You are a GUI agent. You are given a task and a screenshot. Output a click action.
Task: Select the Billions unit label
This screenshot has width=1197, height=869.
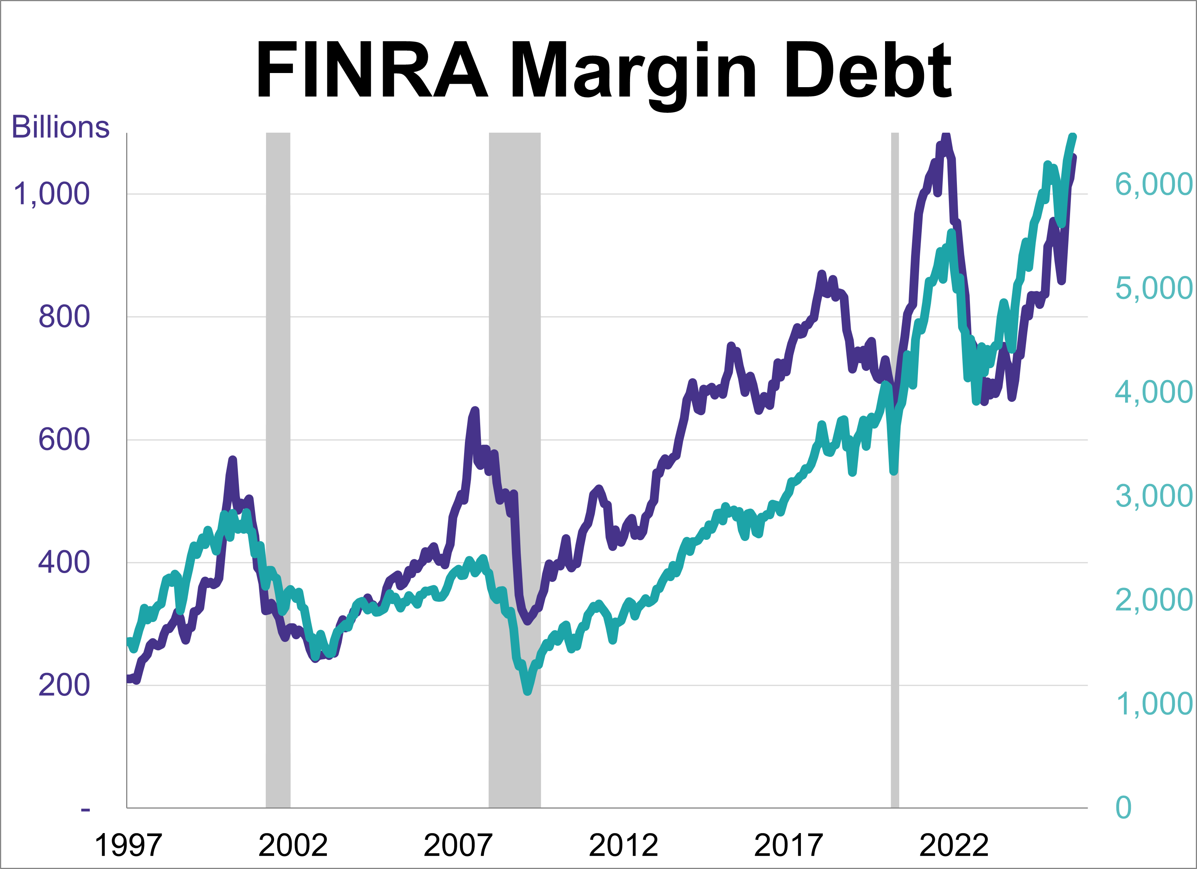(60, 127)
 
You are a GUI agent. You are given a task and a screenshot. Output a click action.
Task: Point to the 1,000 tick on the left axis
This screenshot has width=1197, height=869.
(51, 194)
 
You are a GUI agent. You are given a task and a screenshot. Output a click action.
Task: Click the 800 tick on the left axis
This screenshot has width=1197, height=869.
(63, 317)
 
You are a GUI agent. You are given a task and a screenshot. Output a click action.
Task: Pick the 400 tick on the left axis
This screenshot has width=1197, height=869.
(63, 562)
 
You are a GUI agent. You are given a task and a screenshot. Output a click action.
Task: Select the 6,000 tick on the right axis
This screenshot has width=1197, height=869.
(1153, 184)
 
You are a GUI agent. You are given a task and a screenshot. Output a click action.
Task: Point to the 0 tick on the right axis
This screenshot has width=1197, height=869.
(1123, 807)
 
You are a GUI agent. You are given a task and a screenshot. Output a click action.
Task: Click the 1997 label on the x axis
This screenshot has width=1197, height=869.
(128, 845)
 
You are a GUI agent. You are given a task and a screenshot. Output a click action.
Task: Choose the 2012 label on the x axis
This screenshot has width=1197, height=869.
(623, 845)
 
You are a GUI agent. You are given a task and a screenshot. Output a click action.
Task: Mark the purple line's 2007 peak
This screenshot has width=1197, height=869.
(475, 410)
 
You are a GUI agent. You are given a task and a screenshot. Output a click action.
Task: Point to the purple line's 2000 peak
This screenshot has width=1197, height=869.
(233, 460)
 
